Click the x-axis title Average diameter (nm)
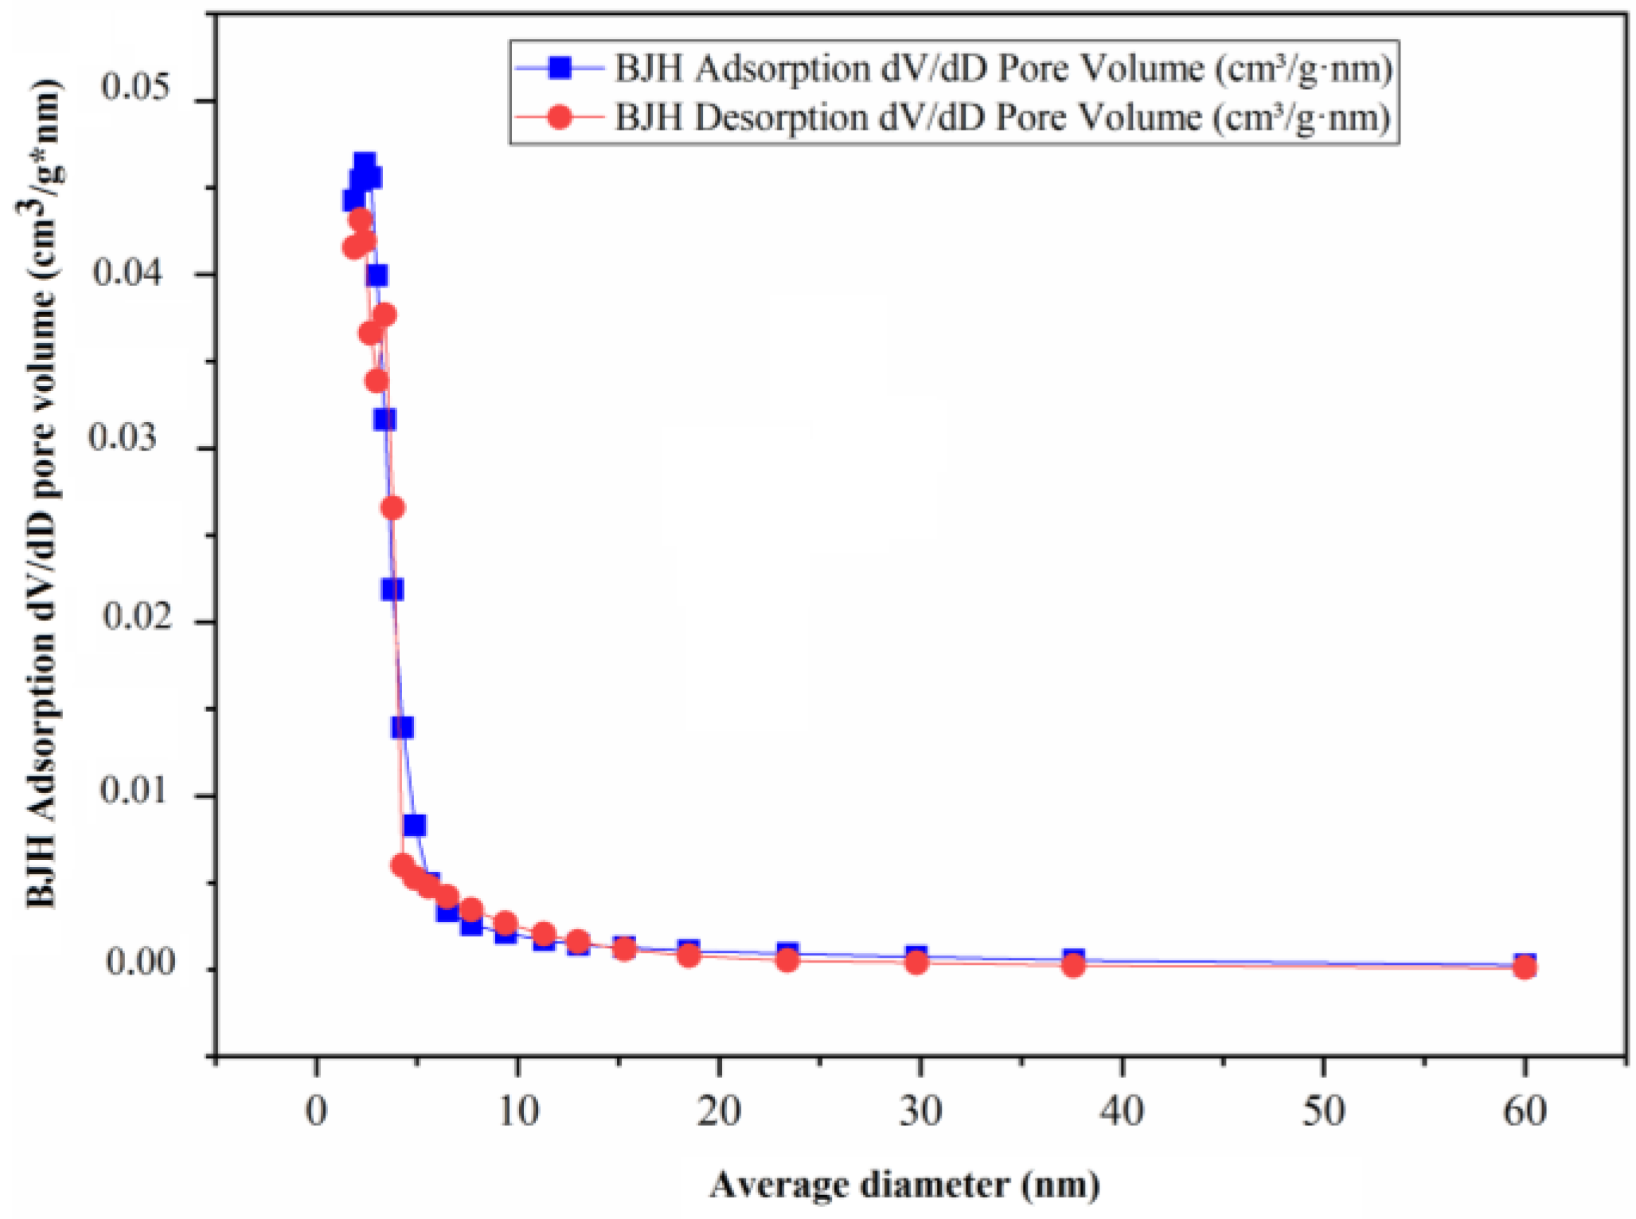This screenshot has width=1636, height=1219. point(905,1184)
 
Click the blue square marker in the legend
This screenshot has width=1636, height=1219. point(560,68)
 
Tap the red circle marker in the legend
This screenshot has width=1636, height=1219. point(560,118)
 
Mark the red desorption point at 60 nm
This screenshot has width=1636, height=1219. point(1525,967)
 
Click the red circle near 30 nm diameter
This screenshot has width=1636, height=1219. point(917,963)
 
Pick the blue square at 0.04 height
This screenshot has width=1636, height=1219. point(377,275)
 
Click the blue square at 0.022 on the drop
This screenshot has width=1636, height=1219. point(392,590)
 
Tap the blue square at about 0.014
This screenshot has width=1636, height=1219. point(402,728)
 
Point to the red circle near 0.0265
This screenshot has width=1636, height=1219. point(392,508)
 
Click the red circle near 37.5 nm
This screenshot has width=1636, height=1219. point(1073,965)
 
